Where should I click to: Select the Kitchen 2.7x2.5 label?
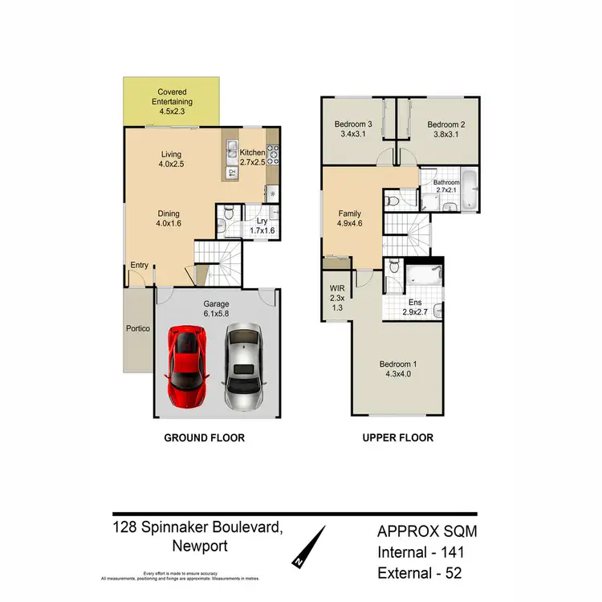252,158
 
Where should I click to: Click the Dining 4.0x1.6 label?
169,218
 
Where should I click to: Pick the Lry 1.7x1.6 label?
262,226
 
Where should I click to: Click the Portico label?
138,328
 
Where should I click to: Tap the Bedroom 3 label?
354,130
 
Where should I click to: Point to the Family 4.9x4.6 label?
349,220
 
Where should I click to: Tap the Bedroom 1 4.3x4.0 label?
399,371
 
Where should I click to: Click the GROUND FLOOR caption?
204,438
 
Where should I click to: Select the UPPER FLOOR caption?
399,438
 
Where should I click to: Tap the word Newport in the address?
200,547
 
